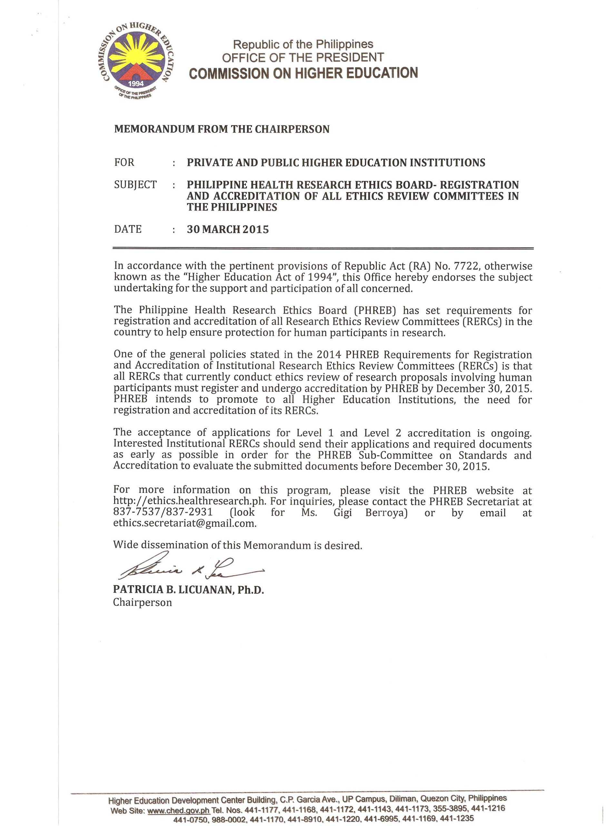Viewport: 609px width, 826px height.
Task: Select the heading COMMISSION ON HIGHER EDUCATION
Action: pyautogui.click(x=303, y=73)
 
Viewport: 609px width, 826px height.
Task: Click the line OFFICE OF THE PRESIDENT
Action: pyautogui.click(x=303, y=57)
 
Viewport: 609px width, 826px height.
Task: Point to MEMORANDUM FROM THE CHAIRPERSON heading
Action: pyautogui.click(x=221, y=129)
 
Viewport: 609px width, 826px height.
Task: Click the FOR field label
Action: pyautogui.click(x=124, y=162)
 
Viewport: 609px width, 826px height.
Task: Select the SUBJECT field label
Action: pyautogui.click(x=135, y=185)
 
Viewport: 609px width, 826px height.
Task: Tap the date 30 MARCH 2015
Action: pyautogui.click(x=228, y=229)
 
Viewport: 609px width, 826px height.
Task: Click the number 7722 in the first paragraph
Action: pyautogui.click(x=457, y=266)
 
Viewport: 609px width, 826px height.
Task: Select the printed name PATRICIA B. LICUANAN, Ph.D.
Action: pyautogui.click(x=189, y=590)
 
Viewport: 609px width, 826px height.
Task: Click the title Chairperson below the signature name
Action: pyautogui.click(x=142, y=603)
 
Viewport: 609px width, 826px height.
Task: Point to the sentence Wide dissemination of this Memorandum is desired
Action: pyautogui.click(x=238, y=545)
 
